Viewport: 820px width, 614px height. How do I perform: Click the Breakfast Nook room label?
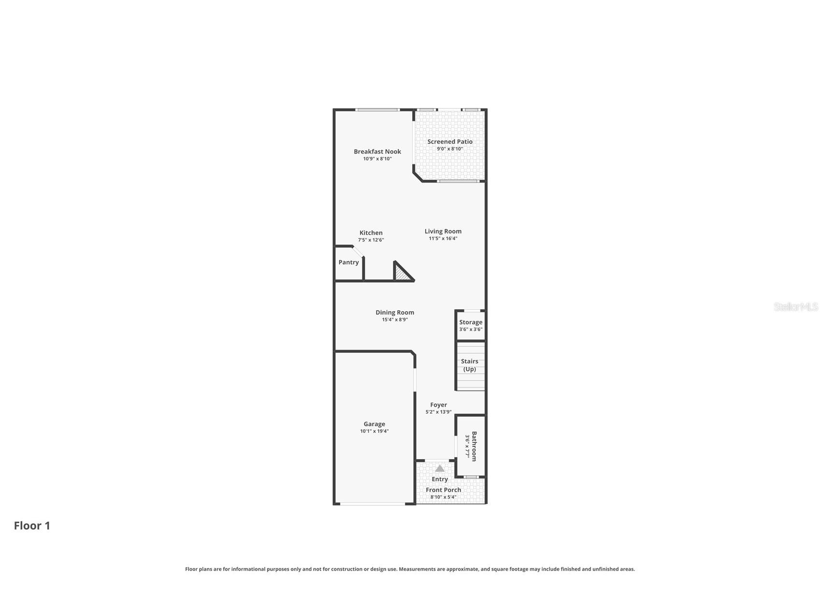click(x=377, y=152)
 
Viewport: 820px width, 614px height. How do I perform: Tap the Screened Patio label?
click(x=450, y=142)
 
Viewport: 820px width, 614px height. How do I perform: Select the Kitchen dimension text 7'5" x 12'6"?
click(x=371, y=240)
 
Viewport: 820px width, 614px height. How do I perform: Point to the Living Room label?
click(x=443, y=231)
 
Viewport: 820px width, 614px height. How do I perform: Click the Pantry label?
click(x=348, y=263)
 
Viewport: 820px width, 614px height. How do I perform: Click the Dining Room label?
click(x=395, y=312)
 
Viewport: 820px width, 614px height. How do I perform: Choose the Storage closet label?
click(x=471, y=322)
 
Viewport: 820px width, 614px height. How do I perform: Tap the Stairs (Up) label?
click(x=470, y=365)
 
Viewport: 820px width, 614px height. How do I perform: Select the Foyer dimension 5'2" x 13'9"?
click(x=438, y=412)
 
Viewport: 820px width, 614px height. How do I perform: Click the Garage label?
click(x=374, y=424)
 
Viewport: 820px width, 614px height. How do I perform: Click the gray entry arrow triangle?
click(x=440, y=468)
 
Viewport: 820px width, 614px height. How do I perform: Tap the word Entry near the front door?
click(x=440, y=479)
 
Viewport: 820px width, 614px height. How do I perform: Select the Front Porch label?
click(x=444, y=490)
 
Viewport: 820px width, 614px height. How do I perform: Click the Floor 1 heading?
click(x=32, y=526)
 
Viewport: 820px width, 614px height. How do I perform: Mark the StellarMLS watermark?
click(x=796, y=307)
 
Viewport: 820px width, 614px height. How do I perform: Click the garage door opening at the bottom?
click(x=373, y=504)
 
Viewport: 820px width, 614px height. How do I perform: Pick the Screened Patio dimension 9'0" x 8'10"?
click(x=450, y=149)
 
